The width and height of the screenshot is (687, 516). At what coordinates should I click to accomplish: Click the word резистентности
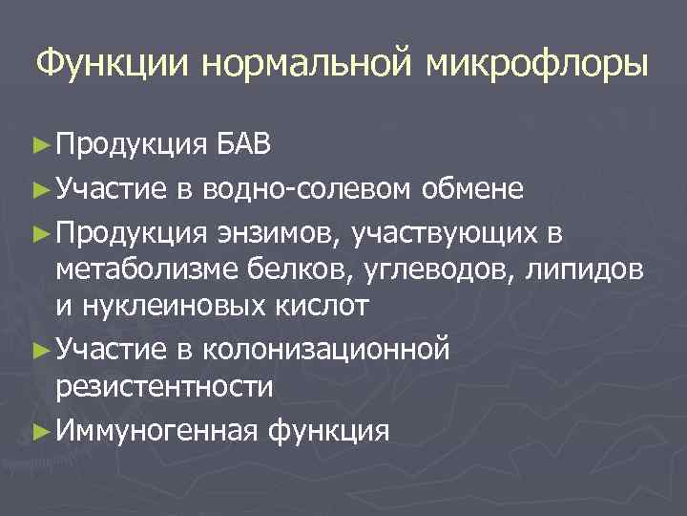click(164, 387)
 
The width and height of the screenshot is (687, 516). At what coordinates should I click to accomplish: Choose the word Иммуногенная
click(156, 430)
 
